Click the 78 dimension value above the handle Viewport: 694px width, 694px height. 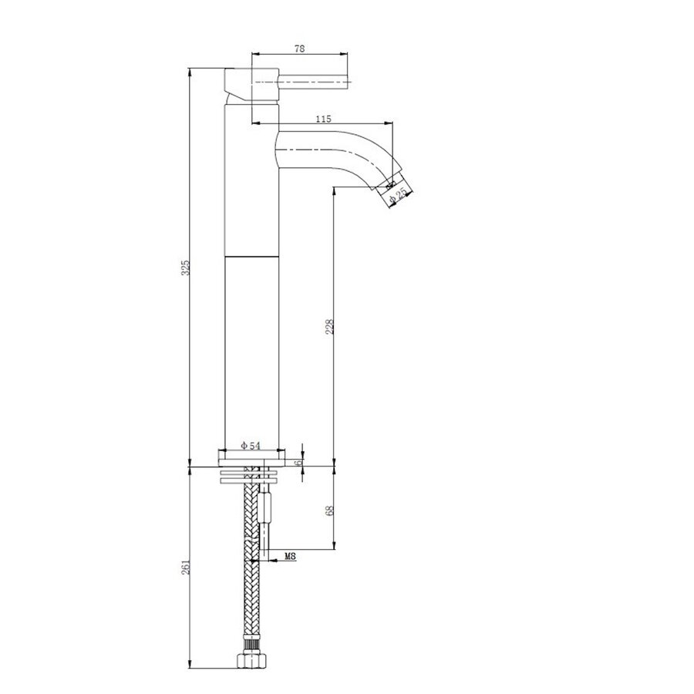[x=300, y=49]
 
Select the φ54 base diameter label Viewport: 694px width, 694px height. [x=253, y=446]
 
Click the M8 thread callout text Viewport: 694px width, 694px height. [x=291, y=556]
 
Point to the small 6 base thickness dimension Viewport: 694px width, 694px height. [x=305, y=462]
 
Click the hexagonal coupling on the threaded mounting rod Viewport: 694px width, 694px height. [x=266, y=510]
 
